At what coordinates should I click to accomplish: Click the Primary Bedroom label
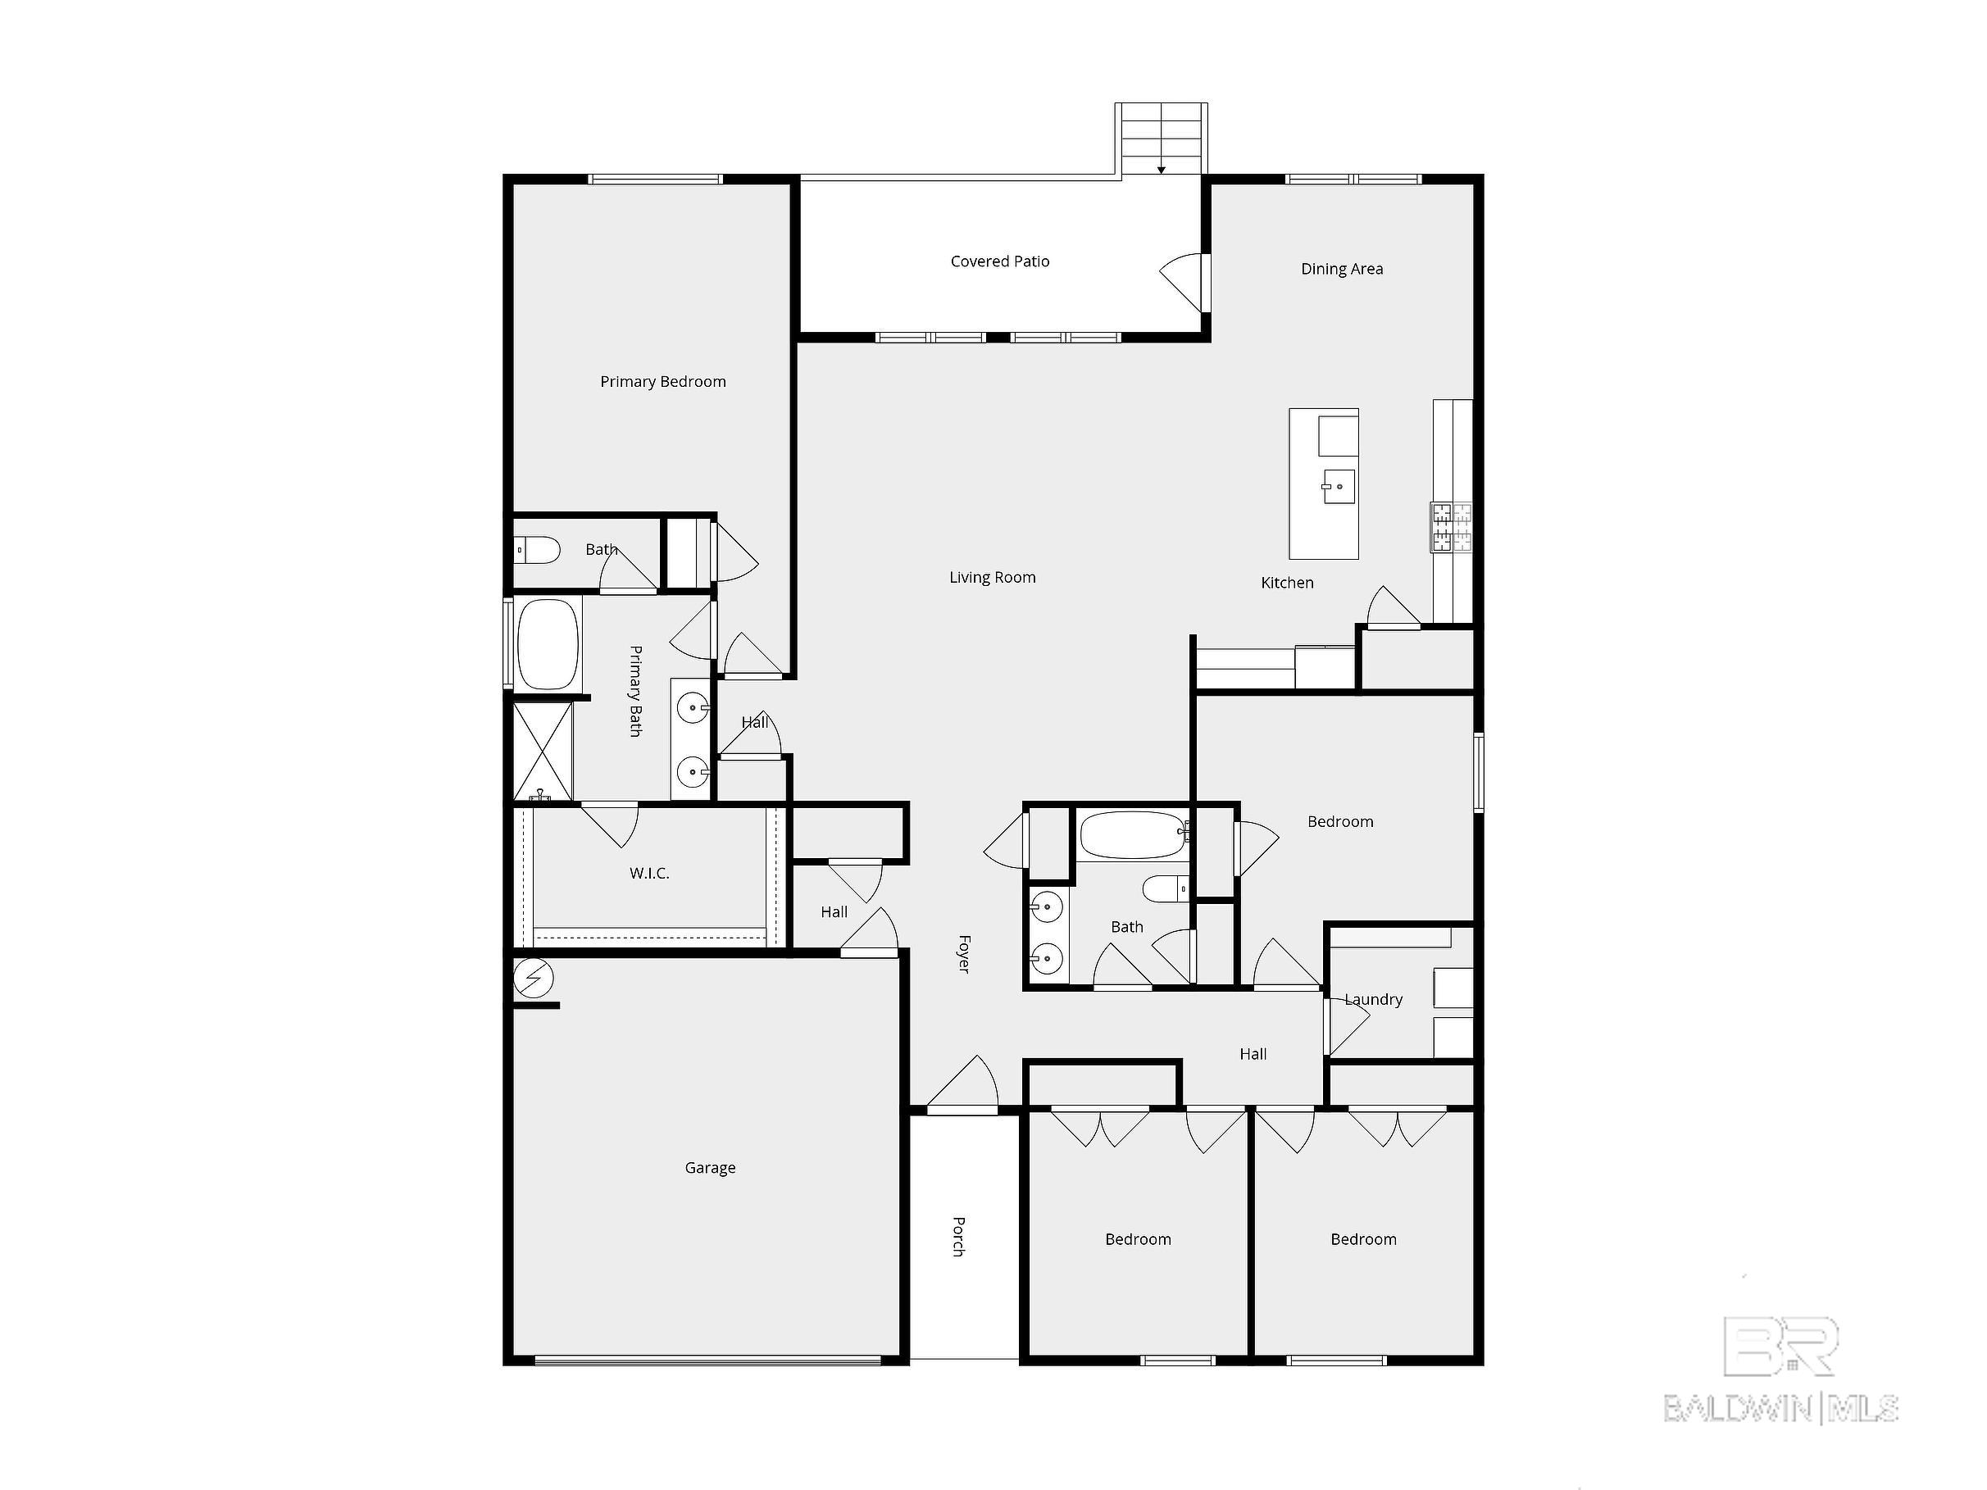[x=663, y=382]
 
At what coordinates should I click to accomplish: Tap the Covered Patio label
[x=1000, y=261]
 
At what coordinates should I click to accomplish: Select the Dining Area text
[x=1341, y=269]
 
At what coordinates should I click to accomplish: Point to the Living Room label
[x=992, y=578]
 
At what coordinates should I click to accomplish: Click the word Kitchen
[x=1286, y=583]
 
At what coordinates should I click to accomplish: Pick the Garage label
[x=710, y=1168]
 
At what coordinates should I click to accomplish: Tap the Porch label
[x=958, y=1236]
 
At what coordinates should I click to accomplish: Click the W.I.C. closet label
[x=648, y=873]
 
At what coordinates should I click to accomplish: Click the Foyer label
[x=964, y=953]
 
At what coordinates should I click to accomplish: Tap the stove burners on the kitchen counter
[x=1451, y=526]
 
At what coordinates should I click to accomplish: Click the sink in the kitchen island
[x=1339, y=487]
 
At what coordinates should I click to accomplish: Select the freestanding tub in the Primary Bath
[x=547, y=643]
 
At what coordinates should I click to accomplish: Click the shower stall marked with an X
[x=543, y=751]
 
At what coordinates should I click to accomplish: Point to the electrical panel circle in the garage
[x=533, y=978]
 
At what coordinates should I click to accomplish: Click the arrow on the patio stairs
[x=1161, y=168]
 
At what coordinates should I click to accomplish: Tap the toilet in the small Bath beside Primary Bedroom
[x=537, y=550]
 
